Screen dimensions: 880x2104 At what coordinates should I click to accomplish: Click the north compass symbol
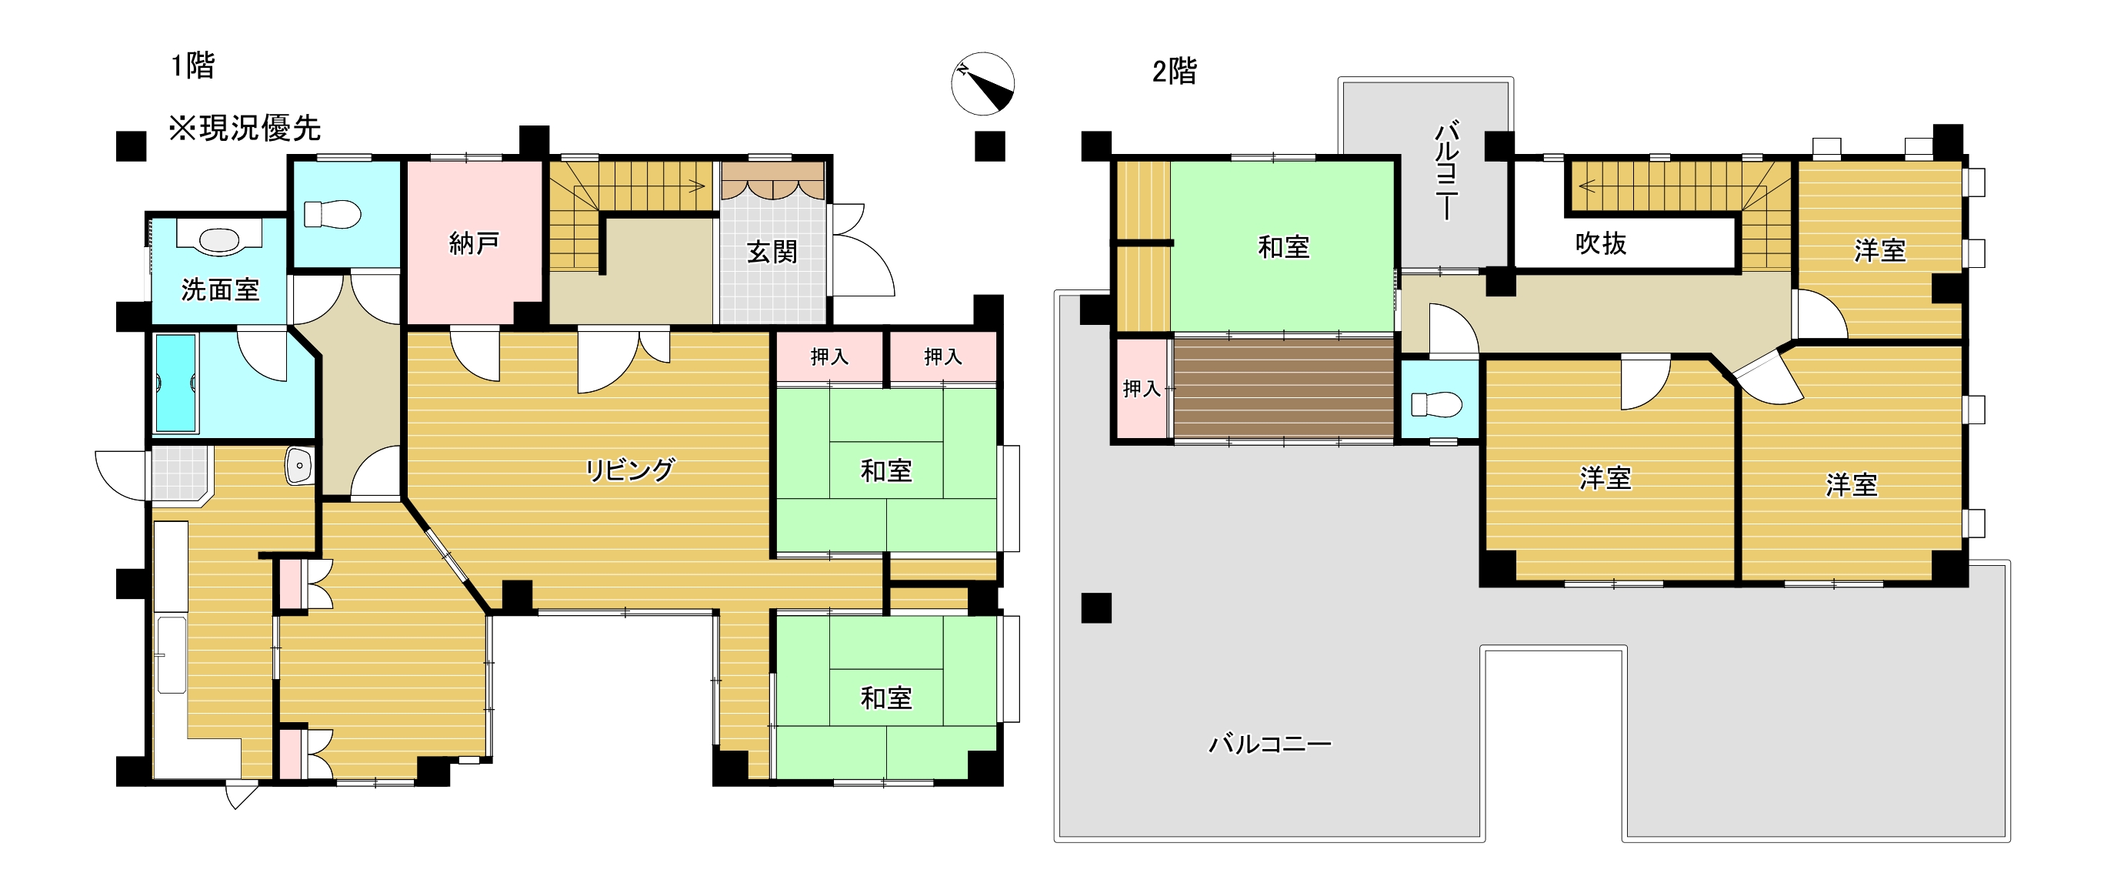pyautogui.click(x=982, y=83)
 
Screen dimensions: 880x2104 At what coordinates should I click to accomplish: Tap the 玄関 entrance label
pyautogui.click(x=771, y=252)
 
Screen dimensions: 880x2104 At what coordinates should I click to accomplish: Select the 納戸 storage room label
pyautogui.click(x=474, y=243)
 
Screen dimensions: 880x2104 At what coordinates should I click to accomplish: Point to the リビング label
pyautogui.click(x=630, y=470)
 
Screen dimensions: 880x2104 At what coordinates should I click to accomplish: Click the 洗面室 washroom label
pyautogui.click(x=220, y=290)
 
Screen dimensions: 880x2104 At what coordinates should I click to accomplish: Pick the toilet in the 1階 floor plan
pyautogui.click(x=332, y=215)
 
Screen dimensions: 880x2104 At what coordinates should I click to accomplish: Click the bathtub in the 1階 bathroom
pyautogui.click(x=175, y=382)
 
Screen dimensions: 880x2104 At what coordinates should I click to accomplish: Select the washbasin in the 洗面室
pyautogui.click(x=219, y=240)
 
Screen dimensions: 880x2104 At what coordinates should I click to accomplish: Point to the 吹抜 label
pyautogui.click(x=1600, y=243)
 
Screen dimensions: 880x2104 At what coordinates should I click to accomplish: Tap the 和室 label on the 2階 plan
pyautogui.click(x=1283, y=247)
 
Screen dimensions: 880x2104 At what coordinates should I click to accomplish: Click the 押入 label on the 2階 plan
pyautogui.click(x=1141, y=389)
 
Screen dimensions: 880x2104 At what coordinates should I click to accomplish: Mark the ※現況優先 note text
pyautogui.click(x=244, y=129)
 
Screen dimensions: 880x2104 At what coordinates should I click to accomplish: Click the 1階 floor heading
pyautogui.click(x=193, y=65)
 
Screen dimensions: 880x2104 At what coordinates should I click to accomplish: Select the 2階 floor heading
pyautogui.click(x=1174, y=72)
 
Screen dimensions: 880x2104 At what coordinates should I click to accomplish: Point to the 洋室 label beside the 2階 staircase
pyautogui.click(x=1879, y=250)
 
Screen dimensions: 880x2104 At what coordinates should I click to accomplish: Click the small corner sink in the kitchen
pyautogui.click(x=300, y=466)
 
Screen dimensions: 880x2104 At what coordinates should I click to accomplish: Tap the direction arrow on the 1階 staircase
pyautogui.click(x=696, y=186)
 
